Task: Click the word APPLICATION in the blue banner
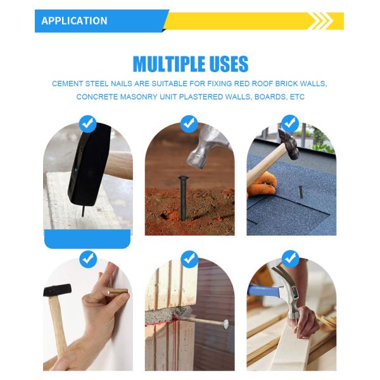click(74, 21)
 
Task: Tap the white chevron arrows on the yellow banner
click(320, 21)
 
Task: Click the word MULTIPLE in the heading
click(168, 64)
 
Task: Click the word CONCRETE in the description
click(97, 97)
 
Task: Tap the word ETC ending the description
click(297, 97)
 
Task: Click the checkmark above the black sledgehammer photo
click(88, 124)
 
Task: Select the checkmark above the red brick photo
click(189, 124)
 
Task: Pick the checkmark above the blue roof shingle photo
click(290, 124)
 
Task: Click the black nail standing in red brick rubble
click(182, 198)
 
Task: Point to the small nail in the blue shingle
click(301, 191)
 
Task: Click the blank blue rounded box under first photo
click(87, 239)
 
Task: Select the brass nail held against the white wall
click(118, 292)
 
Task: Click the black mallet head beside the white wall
click(58, 290)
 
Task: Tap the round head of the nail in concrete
click(225, 323)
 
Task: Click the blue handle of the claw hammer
click(263, 290)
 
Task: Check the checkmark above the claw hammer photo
click(290, 259)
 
